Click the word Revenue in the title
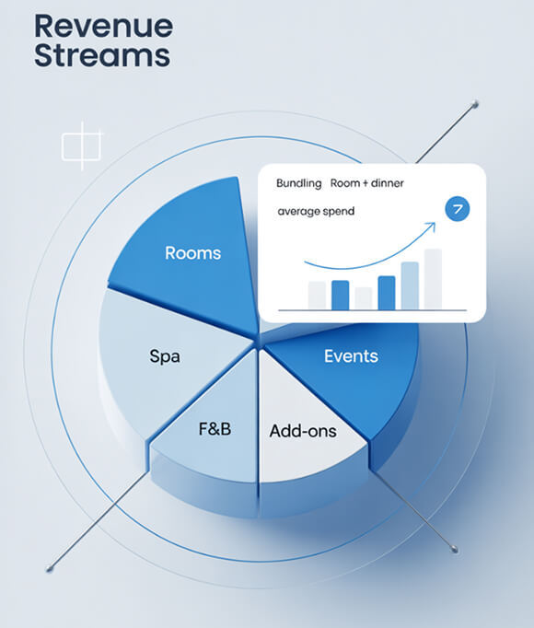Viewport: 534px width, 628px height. point(104,26)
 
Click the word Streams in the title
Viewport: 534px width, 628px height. point(102,55)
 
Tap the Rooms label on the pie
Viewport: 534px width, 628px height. point(193,253)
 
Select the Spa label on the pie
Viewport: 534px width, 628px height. point(165,356)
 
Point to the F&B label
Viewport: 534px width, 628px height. point(215,429)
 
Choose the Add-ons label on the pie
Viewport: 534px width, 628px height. point(303,431)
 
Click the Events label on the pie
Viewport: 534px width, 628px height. point(351,356)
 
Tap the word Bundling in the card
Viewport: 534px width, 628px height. point(299,183)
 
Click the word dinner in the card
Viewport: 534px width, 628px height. point(388,183)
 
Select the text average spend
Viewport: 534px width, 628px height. point(316,211)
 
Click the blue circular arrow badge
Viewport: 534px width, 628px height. point(457,209)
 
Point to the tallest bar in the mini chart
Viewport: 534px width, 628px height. point(433,279)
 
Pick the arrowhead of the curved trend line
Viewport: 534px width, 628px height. point(431,227)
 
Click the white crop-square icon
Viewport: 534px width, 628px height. point(82,146)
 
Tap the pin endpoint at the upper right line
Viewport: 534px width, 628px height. point(475,105)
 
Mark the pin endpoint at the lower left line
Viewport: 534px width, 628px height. point(50,569)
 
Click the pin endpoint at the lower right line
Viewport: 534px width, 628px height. point(455,549)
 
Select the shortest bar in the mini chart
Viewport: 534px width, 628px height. point(364,298)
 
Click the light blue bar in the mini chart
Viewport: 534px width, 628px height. point(410,286)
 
